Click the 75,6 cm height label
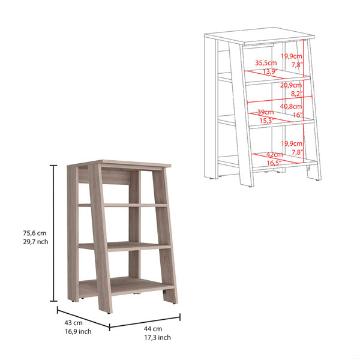[x=34, y=233]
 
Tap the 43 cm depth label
[x=73, y=323]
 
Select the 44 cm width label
[x=153, y=329]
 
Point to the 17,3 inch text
[x=157, y=337]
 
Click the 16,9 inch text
[x=78, y=332]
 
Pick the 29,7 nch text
[x=35, y=242]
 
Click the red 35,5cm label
[x=266, y=62]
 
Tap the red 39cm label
[x=265, y=112]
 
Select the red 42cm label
[x=274, y=155]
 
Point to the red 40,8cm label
[x=291, y=106]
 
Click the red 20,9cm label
[x=291, y=85]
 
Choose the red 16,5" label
[x=274, y=163]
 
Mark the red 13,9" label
[x=270, y=71]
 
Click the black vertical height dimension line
[x=54, y=233]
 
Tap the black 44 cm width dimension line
[x=145, y=322]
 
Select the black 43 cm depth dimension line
[x=83, y=318]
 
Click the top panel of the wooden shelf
[x=119, y=163]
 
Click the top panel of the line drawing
[x=259, y=36]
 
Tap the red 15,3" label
[x=267, y=121]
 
